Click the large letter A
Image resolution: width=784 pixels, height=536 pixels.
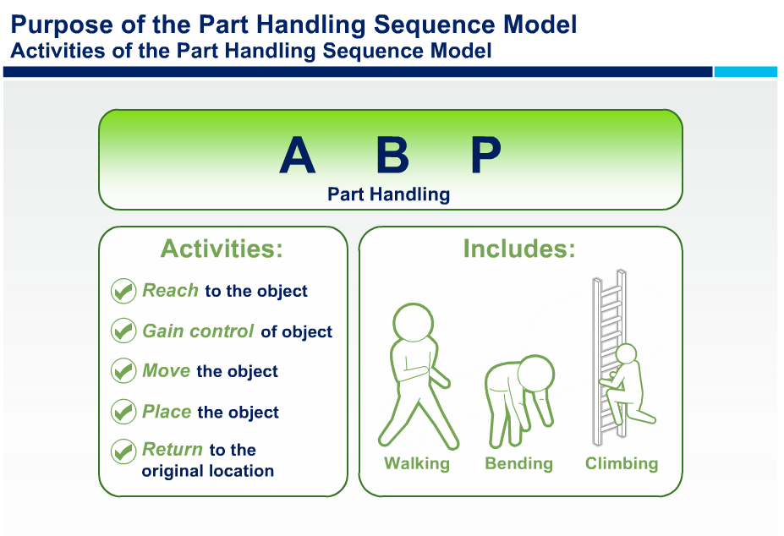298,155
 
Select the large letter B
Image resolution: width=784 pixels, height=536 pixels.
393,155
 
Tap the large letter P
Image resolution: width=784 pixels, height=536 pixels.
485,155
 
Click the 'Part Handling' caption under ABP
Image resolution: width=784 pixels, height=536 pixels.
388,194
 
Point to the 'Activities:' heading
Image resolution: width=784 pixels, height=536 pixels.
222,249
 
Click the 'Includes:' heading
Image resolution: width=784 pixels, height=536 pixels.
519,249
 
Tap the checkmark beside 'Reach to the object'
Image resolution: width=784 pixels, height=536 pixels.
123,291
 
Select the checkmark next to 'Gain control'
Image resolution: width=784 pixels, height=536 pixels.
123,331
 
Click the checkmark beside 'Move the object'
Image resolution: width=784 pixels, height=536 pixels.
123,370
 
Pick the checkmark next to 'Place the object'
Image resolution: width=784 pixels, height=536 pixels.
123,412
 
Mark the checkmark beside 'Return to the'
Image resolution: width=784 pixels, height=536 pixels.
123,451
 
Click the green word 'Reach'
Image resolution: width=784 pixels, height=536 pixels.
171,291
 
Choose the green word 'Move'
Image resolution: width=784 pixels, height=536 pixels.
167,370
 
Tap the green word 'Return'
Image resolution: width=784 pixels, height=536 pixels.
173,449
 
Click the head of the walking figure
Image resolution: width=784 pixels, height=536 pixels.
413,322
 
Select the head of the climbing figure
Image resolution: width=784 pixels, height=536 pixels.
626,353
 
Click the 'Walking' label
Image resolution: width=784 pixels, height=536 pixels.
417,463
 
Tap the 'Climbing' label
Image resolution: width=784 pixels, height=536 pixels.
622,463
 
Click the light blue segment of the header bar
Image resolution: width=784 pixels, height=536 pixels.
745,72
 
